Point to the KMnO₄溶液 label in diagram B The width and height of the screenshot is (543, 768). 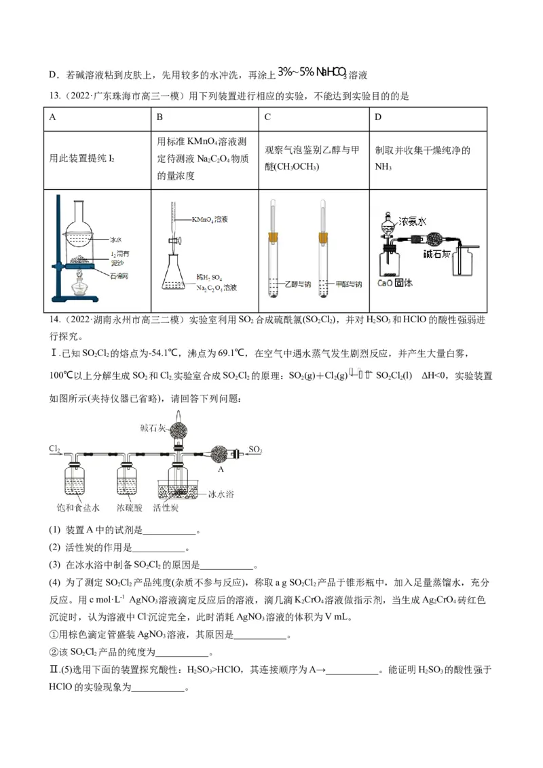(209, 219)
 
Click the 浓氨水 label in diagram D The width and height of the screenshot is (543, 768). (412, 221)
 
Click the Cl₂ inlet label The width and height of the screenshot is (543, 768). (55, 448)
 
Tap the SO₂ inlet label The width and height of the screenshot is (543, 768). (255, 448)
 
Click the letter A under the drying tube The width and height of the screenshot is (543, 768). (220, 468)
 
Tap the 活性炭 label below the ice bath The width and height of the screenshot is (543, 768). (166, 507)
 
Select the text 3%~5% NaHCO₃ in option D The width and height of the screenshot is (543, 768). (312, 73)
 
